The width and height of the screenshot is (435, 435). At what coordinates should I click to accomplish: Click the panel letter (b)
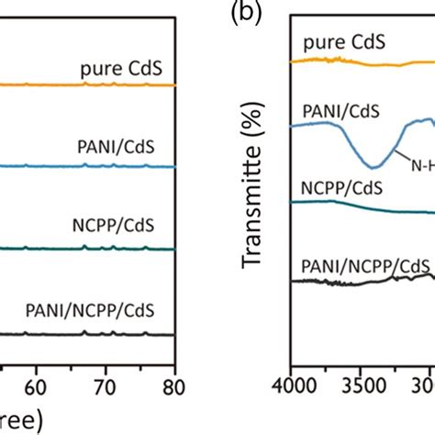click(x=241, y=17)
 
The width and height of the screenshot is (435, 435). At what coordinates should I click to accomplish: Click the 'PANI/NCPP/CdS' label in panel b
click(x=365, y=266)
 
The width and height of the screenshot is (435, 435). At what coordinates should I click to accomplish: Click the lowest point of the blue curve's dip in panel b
click(x=374, y=166)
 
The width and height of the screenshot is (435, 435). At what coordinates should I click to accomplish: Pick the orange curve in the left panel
click(x=92, y=84)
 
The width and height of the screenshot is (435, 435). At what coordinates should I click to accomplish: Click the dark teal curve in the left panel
click(x=92, y=248)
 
